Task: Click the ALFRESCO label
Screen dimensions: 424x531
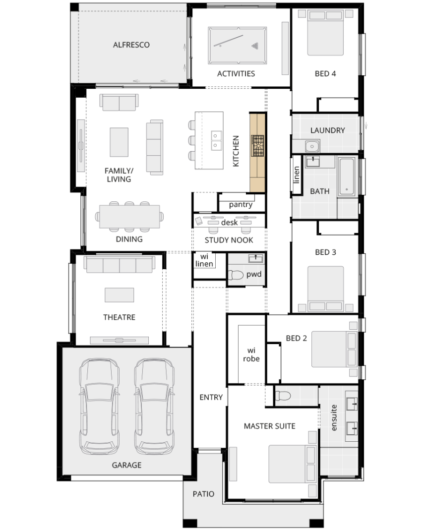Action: click(131, 45)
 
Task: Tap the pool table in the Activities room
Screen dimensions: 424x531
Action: click(238, 46)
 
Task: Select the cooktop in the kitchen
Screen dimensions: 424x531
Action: click(257, 146)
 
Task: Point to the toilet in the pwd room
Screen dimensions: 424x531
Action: click(236, 275)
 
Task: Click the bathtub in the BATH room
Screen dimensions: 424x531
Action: click(347, 176)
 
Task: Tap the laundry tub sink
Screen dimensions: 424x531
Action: click(312, 146)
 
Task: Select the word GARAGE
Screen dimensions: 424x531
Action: click(126, 465)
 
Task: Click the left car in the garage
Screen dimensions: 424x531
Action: click(99, 407)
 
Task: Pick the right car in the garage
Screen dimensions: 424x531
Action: click(154, 407)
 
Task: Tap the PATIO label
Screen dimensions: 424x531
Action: click(203, 494)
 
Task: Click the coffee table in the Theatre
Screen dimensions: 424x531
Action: click(119, 295)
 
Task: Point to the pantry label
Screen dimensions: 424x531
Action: click(241, 205)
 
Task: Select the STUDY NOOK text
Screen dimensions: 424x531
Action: click(229, 240)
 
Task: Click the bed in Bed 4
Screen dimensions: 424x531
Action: click(325, 33)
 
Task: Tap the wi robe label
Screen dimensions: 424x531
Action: click(251, 354)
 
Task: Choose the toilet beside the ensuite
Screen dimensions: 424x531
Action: click(283, 395)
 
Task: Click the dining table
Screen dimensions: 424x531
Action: click(129, 216)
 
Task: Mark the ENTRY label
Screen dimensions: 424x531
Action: click(211, 397)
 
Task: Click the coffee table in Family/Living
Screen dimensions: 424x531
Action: click(119, 142)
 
